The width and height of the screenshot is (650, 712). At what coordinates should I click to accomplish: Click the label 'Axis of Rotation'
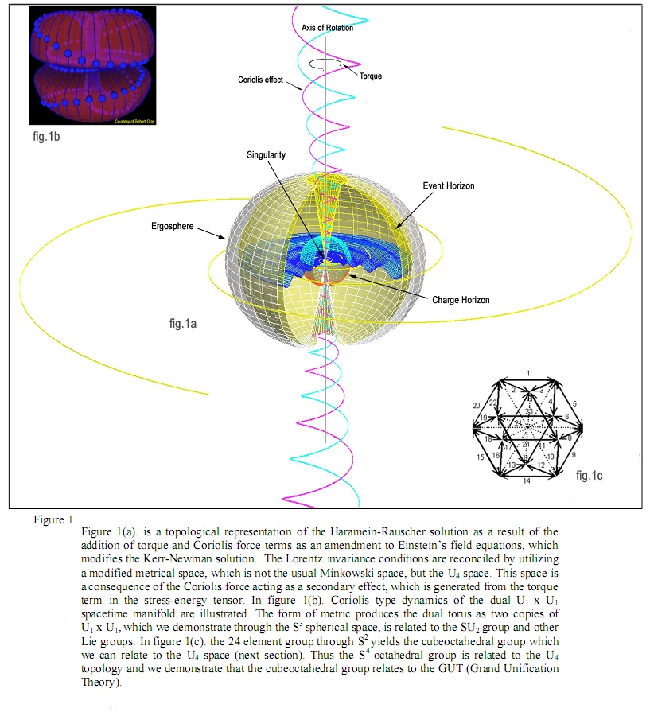click(327, 29)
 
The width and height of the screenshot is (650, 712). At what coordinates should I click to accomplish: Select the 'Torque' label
click(371, 76)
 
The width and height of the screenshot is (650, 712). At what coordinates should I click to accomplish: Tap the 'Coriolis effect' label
click(261, 80)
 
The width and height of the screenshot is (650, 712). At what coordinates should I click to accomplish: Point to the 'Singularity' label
click(266, 155)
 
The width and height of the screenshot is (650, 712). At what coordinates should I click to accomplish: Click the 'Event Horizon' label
click(449, 186)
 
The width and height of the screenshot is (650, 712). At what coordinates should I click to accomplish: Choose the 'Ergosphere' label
click(172, 227)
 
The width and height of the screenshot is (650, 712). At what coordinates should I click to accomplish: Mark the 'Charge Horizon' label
click(461, 300)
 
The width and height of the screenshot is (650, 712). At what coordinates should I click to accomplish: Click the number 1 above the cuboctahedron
click(527, 373)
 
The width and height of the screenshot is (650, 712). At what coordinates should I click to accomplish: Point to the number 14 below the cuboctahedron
click(527, 481)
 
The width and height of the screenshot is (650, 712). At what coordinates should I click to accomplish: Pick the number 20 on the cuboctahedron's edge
click(477, 405)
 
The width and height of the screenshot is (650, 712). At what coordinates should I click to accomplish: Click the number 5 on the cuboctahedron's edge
click(575, 404)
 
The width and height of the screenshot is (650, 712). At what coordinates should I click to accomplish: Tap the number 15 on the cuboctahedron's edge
click(481, 457)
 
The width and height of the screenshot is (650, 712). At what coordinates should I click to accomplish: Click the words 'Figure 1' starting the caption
click(49, 519)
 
